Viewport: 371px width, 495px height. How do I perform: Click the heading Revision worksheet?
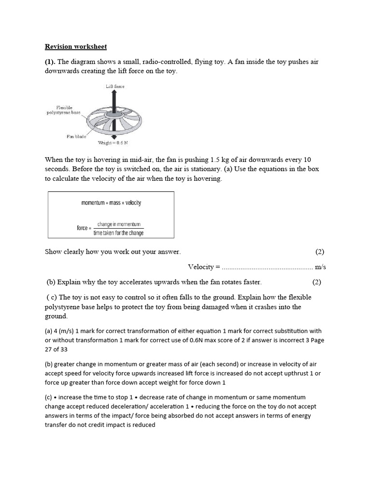click(x=76, y=47)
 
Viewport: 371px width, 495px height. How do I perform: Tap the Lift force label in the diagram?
click(x=115, y=86)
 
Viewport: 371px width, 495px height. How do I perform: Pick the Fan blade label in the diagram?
click(x=76, y=136)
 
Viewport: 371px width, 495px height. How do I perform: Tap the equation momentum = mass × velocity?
click(x=111, y=203)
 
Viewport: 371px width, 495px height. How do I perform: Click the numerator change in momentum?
click(x=118, y=224)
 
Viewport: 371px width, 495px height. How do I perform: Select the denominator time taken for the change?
click(x=118, y=233)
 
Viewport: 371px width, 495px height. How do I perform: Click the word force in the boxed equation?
click(x=82, y=228)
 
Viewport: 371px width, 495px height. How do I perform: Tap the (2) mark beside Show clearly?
click(x=320, y=252)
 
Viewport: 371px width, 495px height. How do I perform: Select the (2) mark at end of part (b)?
click(x=316, y=282)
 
